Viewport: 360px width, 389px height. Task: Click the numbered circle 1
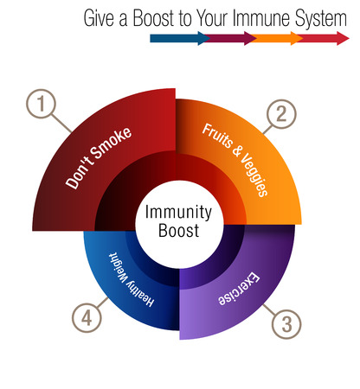coord(41,104)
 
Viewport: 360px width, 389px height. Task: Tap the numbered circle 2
coord(281,114)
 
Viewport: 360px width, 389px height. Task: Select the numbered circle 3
coord(286,324)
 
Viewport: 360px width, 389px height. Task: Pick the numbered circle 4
coord(87,318)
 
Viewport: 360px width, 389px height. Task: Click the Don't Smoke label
coord(98,158)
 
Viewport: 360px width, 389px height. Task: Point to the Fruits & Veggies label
coord(235,160)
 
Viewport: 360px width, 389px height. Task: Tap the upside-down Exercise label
coord(239,289)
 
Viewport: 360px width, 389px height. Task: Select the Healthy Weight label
coord(131,280)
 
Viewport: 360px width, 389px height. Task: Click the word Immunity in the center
coord(178,212)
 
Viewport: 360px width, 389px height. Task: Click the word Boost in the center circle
coord(179,231)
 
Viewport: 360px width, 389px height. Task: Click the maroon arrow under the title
coord(230,38)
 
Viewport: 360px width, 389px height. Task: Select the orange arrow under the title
coord(276,38)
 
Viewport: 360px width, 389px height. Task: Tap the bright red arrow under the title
coord(323,38)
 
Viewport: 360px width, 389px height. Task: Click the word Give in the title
coord(99,18)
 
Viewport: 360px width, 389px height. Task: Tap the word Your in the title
coord(212,18)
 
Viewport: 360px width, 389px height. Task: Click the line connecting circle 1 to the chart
coord(61,124)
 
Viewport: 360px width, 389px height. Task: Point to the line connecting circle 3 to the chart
coord(269,309)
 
